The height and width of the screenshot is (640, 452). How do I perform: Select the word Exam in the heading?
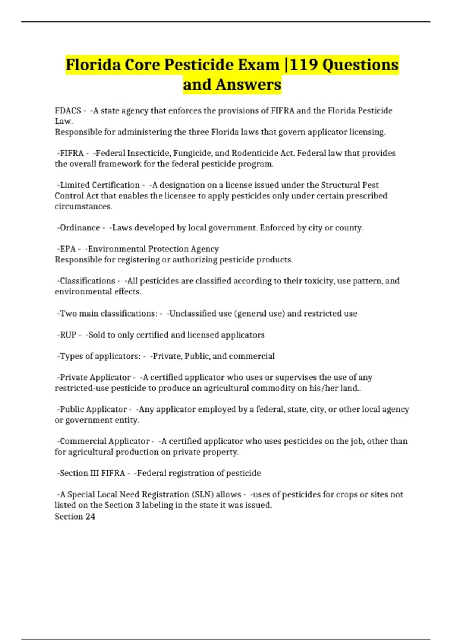pos(258,65)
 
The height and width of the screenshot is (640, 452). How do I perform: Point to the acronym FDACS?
pos(68,111)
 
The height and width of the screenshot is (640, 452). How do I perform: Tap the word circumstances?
pos(83,206)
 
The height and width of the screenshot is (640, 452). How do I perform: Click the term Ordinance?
pos(80,228)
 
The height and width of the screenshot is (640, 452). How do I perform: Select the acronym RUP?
pos(68,335)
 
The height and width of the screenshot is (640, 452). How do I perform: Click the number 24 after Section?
pos(90,516)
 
